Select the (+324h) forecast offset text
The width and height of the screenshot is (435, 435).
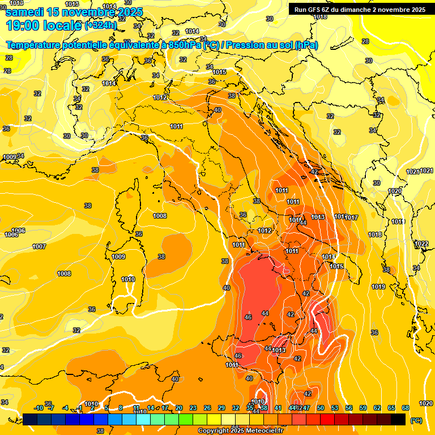[101, 25]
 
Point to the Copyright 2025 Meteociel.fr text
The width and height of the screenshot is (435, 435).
[240, 430]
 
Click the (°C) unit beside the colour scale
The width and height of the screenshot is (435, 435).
[416, 420]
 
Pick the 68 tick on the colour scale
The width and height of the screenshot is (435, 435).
[406, 408]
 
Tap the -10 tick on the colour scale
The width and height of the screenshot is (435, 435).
[39, 408]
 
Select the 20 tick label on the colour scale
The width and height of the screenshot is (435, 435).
[179, 408]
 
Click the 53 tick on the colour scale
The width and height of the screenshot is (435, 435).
[335, 408]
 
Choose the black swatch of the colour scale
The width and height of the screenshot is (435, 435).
[398, 419]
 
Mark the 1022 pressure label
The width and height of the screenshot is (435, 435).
[421, 244]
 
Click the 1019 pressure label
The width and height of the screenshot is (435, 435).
[379, 287]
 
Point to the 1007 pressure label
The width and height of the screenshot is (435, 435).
[39, 246]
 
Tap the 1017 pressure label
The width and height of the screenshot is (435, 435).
[352, 218]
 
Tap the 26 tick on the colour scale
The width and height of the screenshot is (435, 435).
[207, 408]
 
